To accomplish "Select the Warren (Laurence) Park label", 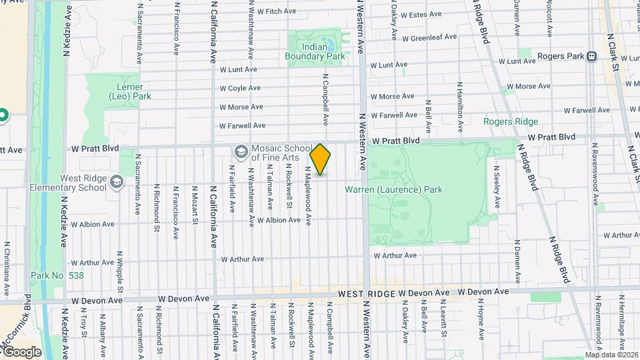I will pyautogui.click(x=393, y=190).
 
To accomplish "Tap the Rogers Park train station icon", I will pyautogui.click(x=591, y=57).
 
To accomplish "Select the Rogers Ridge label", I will pyautogui.click(x=511, y=121).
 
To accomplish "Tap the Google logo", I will pyautogui.click(x=23, y=351).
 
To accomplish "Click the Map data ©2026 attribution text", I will pyautogui.click(x=611, y=355).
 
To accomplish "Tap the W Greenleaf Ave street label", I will pyautogui.click(x=429, y=38).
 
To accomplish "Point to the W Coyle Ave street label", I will pyautogui.click(x=241, y=88).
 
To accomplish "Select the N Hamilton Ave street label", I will pyautogui.click(x=459, y=100).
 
